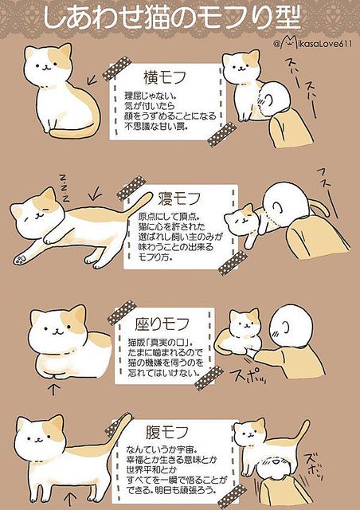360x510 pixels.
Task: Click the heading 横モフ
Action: [x=165, y=78]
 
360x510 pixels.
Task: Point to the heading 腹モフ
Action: [x=166, y=432]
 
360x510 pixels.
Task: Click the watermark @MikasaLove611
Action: [x=312, y=43]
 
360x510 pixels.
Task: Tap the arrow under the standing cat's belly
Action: [x=70, y=500]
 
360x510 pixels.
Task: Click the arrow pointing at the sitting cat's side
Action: [x=92, y=79]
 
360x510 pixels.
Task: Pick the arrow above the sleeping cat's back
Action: [x=95, y=195]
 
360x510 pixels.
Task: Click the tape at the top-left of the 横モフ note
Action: [x=117, y=69]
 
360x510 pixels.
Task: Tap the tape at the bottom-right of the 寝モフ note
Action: [x=233, y=263]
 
